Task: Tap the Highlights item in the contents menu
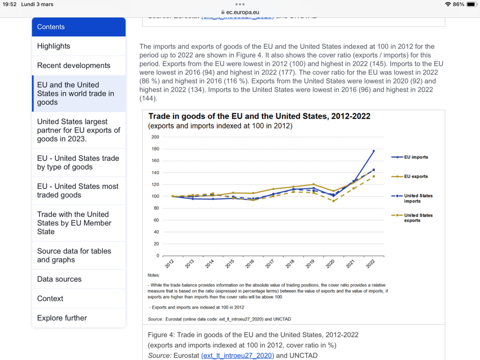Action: click(54, 46)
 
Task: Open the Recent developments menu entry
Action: click(73, 65)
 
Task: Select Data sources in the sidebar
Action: click(60, 279)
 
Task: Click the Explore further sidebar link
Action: click(62, 318)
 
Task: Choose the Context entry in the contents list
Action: click(50, 299)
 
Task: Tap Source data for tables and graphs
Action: click(74, 255)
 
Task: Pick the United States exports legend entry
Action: click(418, 218)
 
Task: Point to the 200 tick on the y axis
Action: click(155, 137)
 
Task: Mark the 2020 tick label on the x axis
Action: click(330, 264)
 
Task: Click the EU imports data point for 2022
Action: click(373, 151)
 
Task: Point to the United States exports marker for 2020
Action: click(333, 201)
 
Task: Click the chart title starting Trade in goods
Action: click(259, 116)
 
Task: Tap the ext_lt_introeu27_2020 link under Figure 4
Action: click(238, 355)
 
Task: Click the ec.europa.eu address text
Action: click(243, 12)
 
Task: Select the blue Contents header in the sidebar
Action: click(79, 27)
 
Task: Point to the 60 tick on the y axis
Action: click(156, 220)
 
